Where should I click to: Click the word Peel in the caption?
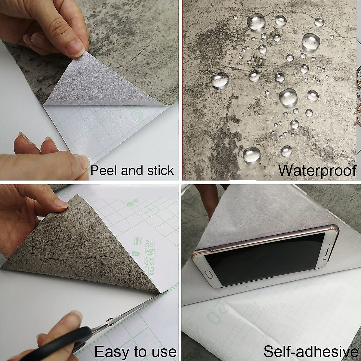[104, 171]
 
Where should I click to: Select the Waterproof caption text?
[317, 171]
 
